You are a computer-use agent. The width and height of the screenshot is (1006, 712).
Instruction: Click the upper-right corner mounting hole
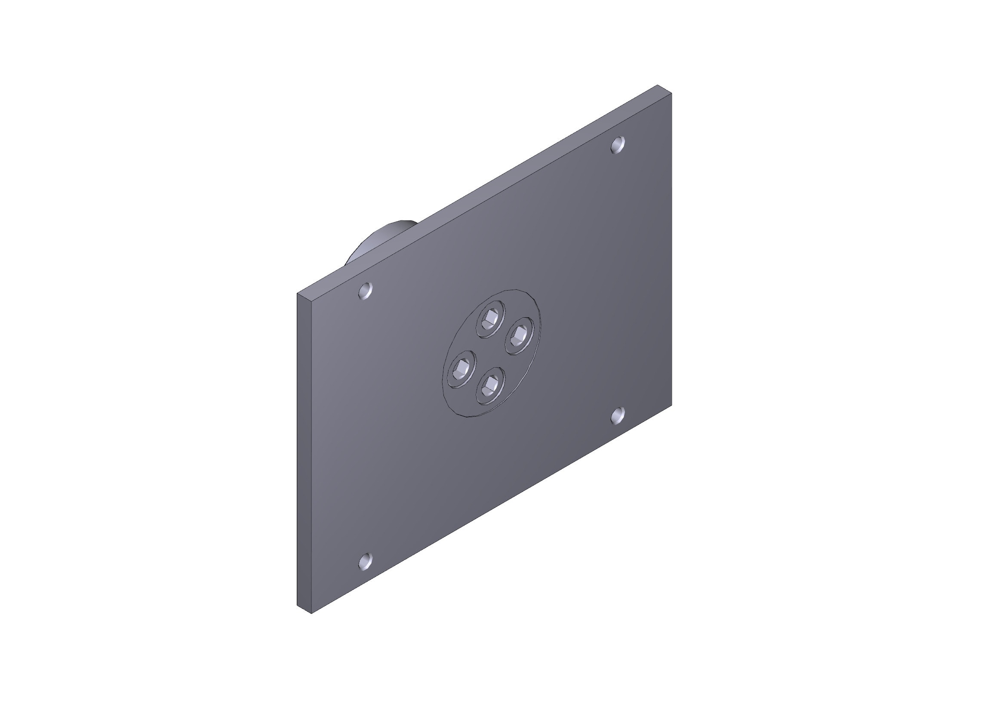pos(618,145)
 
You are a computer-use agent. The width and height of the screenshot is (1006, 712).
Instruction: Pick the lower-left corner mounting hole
pos(365,561)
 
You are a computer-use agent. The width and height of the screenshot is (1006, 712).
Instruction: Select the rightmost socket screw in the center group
pos(520,336)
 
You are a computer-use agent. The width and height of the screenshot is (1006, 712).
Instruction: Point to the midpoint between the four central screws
pos(490,354)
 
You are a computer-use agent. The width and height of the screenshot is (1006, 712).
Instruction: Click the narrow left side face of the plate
pos(304,452)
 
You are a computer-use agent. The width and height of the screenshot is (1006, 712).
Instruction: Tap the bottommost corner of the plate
pos(311,613)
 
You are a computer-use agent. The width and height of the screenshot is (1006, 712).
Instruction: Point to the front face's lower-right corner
pos(671,404)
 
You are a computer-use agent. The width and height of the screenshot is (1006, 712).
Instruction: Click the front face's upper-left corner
pos(311,301)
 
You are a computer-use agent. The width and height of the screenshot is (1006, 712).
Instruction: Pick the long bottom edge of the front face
pos(491,508)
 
